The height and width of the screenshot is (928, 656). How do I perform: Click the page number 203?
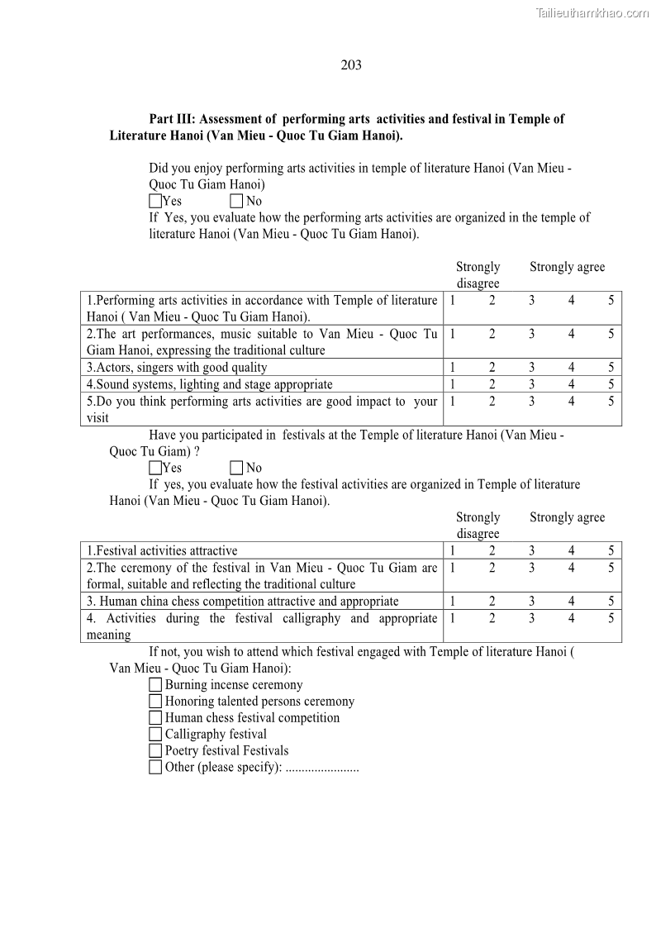click(351, 65)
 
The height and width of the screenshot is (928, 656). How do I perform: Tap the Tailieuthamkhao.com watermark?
click(592, 12)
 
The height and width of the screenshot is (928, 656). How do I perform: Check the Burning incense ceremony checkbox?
click(155, 685)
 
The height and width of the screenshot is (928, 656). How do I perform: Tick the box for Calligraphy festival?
click(155, 734)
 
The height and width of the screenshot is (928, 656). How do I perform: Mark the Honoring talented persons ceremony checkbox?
click(155, 702)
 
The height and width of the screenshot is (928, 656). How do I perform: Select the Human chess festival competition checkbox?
click(155, 718)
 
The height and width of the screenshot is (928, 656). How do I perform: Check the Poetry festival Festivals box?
click(155, 750)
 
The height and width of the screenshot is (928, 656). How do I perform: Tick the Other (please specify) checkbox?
click(155, 767)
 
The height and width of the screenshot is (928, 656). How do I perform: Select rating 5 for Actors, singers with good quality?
click(611, 368)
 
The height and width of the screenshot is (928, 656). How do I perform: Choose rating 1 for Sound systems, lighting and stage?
click(453, 384)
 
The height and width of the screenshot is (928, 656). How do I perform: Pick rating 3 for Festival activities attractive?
click(531, 551)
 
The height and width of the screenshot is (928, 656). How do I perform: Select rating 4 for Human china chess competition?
click(571, 602)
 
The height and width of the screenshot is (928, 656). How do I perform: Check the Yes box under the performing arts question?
click(155, 201)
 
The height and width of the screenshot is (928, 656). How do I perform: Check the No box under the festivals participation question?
click(236, 468)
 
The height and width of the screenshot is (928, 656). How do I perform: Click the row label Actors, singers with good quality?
click(177, 368)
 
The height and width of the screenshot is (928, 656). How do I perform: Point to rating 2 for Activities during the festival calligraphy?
click(492, 618)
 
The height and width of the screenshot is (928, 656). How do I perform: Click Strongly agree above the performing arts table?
click(567, 267)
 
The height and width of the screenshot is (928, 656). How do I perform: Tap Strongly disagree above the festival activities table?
click(478, 526)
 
